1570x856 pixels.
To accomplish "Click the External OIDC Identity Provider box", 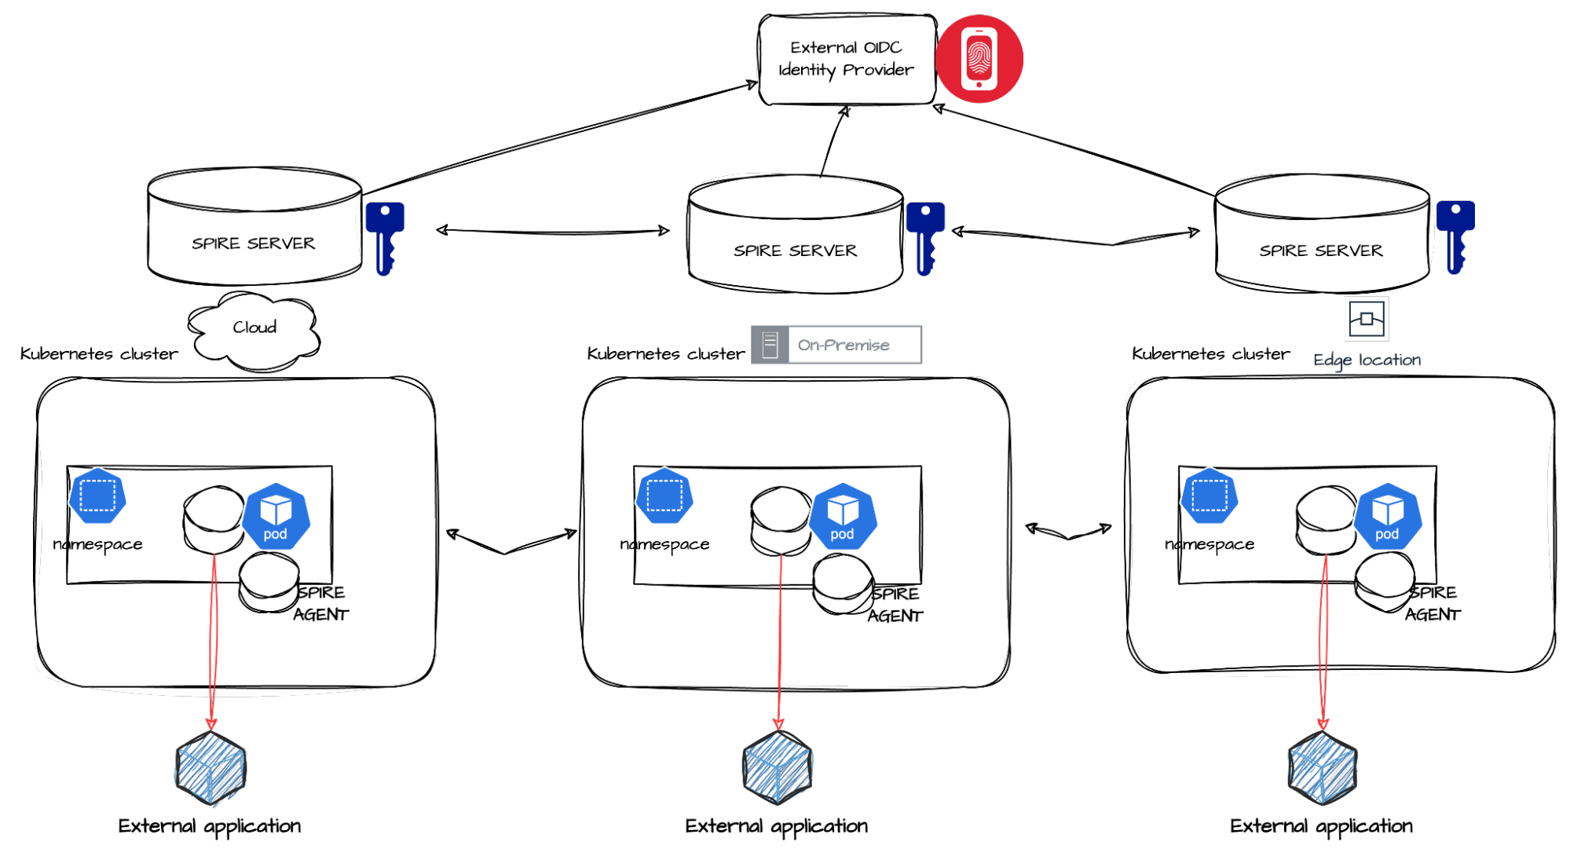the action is pos(847,59).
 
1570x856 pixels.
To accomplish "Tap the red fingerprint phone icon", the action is pos(979,59).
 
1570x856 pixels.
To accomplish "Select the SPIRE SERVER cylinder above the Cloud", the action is pos(254,226).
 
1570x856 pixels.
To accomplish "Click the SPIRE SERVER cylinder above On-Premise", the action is pos(796,234).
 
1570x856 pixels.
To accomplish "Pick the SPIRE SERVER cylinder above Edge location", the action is pos(1322,234).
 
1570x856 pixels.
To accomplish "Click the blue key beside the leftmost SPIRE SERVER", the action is pos(385,239).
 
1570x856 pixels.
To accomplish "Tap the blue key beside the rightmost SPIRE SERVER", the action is pos(1455,237).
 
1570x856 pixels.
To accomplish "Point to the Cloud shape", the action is pos(254,331).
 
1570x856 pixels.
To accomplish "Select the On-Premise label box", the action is pos(836,345).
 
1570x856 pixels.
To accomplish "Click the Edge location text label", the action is pos(1367,360).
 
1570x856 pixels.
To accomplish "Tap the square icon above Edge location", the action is pos(1367,319).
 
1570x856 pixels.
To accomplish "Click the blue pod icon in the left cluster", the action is pos(275,516).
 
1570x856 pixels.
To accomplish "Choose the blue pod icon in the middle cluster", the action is pos(842,516).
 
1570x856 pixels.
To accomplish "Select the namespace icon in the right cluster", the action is pos(1210,496).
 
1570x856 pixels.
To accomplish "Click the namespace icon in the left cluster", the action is pos(97,496).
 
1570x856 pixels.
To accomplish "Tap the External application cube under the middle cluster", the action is pos(778,767).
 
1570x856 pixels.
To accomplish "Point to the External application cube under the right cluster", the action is pos(1323,767).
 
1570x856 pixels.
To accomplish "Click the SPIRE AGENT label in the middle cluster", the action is pos(895,605).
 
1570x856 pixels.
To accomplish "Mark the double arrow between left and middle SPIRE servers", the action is pos(553,231).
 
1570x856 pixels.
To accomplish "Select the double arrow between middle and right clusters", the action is pos(1068,532).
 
